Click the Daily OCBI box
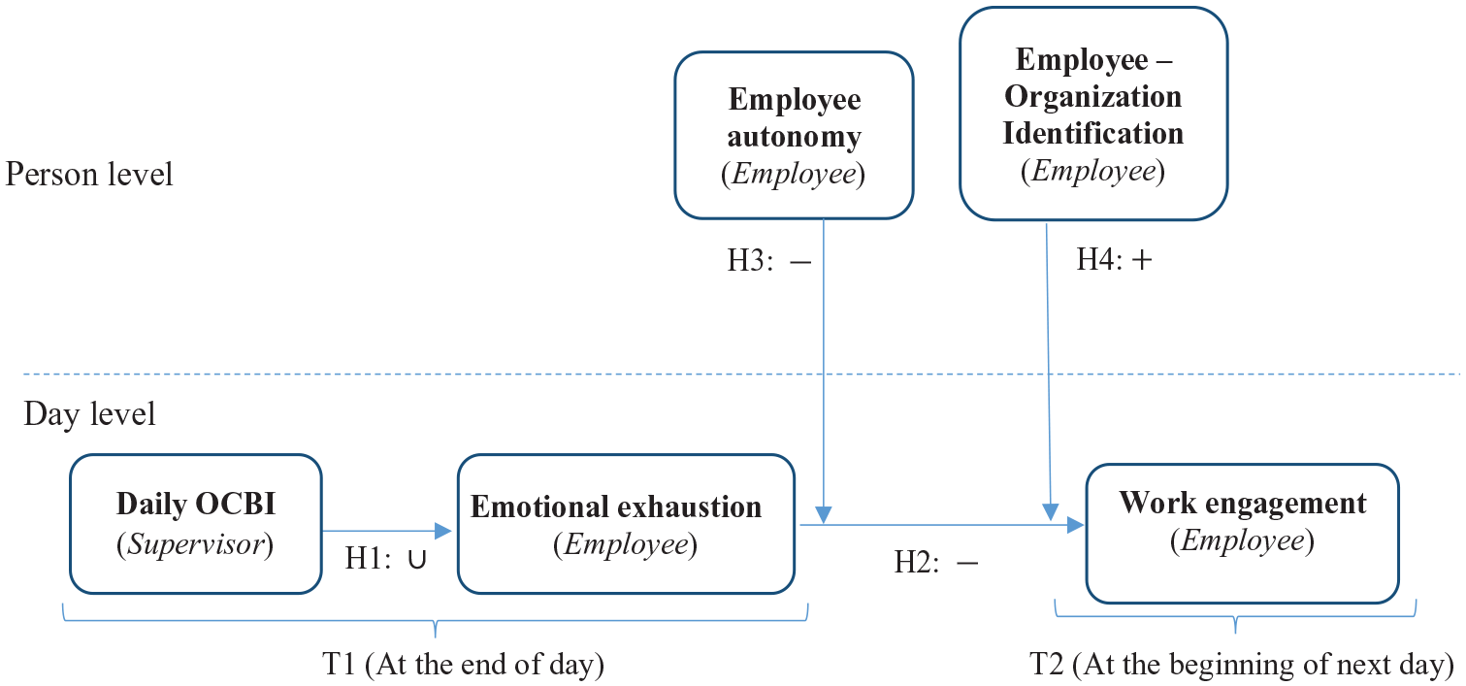tap(196, 524)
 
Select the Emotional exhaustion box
tap(626, 524)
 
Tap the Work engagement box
tap(1242, 534)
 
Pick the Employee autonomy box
tap(794, 135)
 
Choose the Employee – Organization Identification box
tap(1093, 114)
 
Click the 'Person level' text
tap(89, 174)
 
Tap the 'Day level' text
tap(89, 413)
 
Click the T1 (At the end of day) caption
tap(464, 665)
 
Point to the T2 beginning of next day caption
tap(1242, 665)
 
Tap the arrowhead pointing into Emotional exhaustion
tap(443, 531)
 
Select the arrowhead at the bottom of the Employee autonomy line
tap(824, 514)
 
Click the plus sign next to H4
tap(1142, 260)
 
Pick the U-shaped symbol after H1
tap(417, 560)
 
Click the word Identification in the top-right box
tap(1093, 134)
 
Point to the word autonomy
tap(794, 138)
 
